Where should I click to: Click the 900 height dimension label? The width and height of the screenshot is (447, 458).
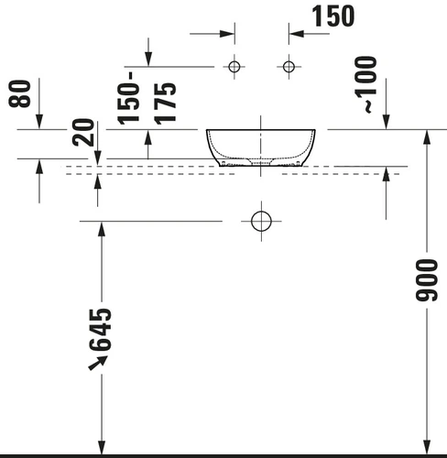(427, 280)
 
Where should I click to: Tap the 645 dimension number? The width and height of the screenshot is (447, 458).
(101, 330)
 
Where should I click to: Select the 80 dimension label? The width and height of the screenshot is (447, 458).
(20, 93)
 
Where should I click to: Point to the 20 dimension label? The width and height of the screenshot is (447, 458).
(83, 132)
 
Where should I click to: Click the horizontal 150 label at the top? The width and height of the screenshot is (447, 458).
(333, 16)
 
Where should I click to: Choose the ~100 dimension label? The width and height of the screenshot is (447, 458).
(366, 84)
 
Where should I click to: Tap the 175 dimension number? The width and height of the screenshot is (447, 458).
(165, 104)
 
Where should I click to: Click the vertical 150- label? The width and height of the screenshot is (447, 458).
(128, 98)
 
